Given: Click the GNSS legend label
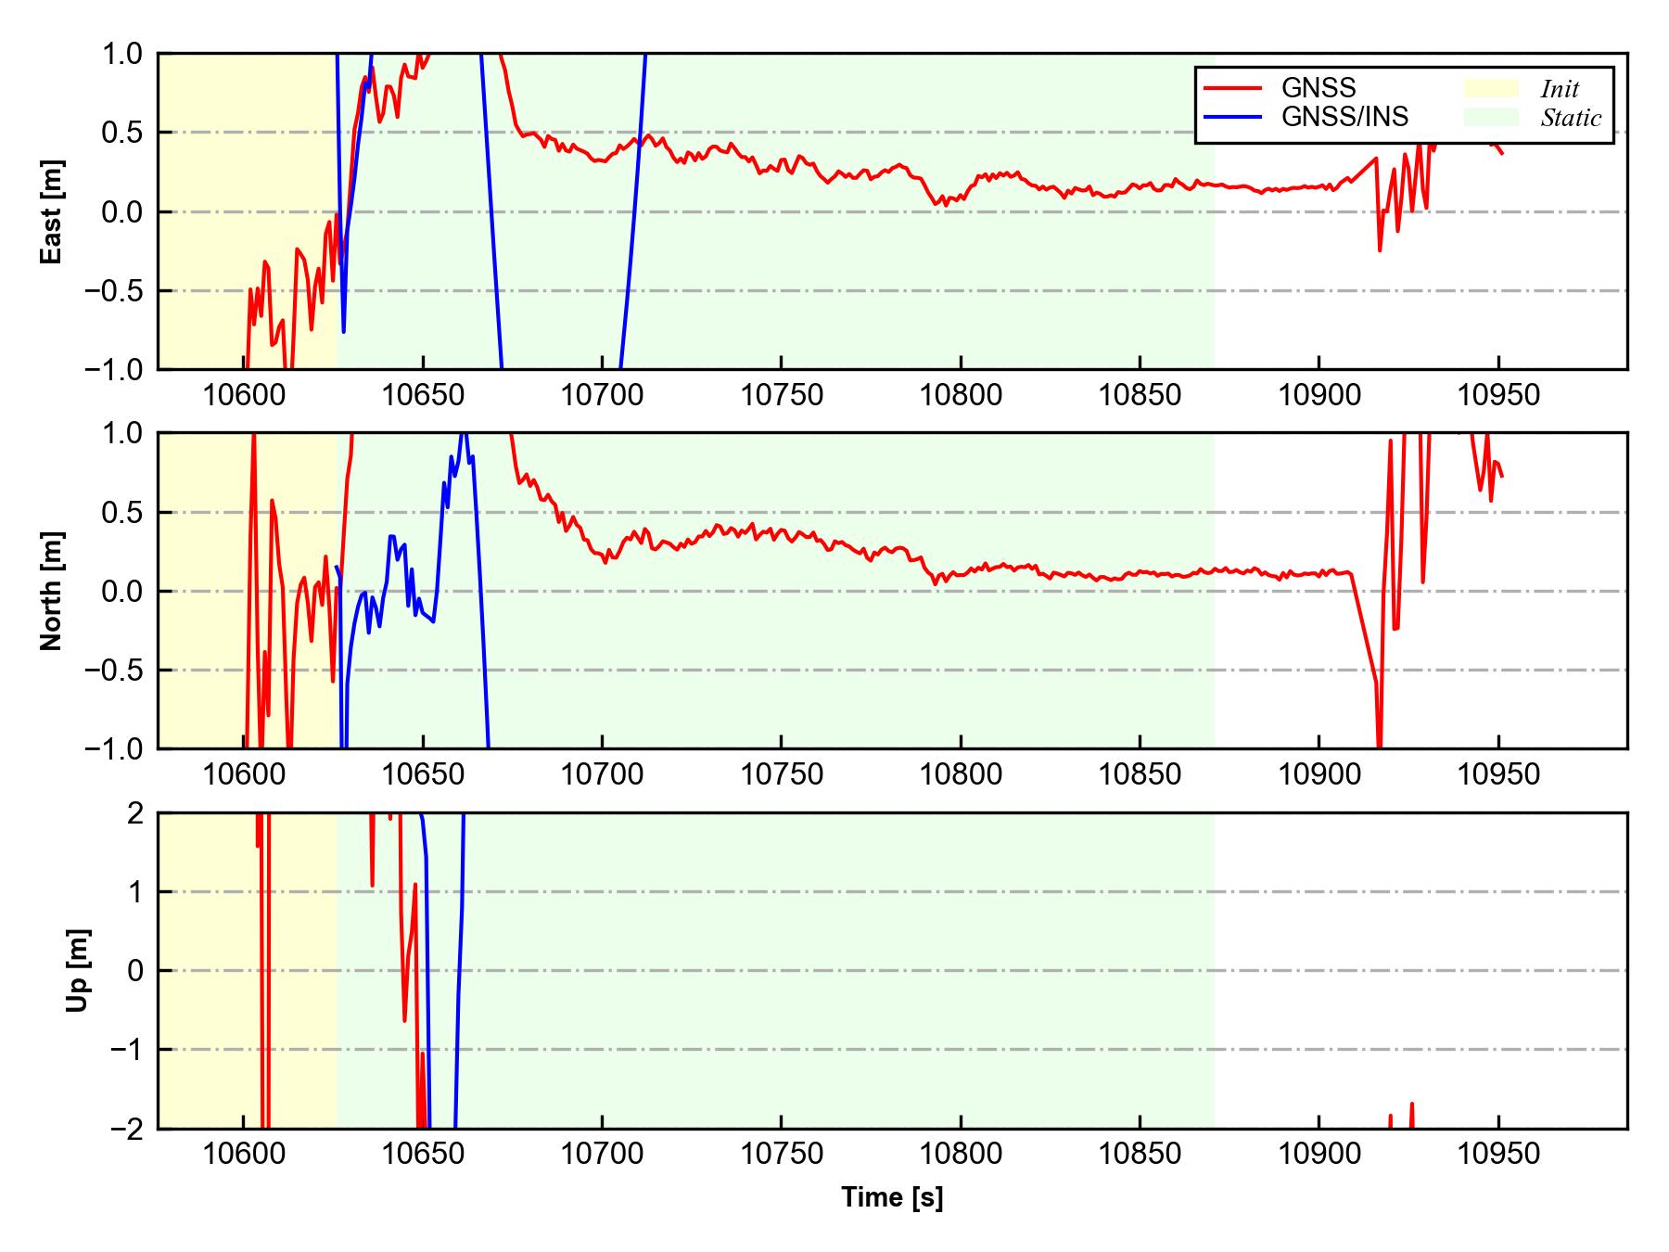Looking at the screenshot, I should click(x=1318, y=88).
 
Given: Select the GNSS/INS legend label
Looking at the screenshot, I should click(x=1344, y=117).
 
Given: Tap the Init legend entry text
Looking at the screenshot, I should click(x=1560, y=89).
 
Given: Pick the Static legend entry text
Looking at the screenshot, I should click(x=1571, y=118).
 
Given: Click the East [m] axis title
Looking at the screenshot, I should click(x=52, y=211).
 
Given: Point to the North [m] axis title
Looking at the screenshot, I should click(x=52, y=591).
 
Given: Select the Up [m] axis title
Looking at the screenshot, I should click(x=78, y=970).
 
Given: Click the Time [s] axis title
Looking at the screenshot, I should click(x=892, y=1198).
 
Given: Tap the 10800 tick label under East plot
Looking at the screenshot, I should click(x=961, y=395).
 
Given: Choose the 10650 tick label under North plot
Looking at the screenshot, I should click(x=423, y=774).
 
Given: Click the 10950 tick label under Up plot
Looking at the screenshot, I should click(x=1499, y=1155).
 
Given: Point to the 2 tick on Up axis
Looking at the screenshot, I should click(x=135, y=813).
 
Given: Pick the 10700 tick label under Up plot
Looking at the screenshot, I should click(x=602, y=1155).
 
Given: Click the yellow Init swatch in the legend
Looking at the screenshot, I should click(x=1491, y=88).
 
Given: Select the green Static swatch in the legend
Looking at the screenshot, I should click(x=1491, y=117).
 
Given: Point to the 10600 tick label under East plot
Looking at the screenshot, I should click(x=243, y=395).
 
